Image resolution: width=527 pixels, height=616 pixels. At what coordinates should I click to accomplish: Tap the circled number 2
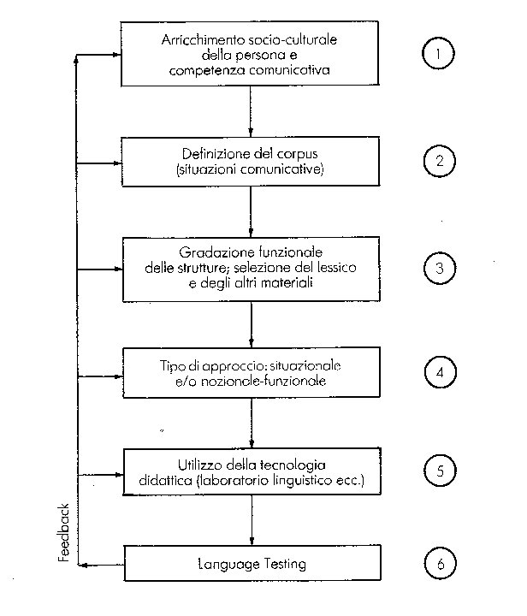click(x=440, y=160)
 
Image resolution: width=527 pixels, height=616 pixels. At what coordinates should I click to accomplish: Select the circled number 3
click(x=440, y=267)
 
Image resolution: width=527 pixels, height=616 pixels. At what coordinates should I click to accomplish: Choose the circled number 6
click(x=440, y=565)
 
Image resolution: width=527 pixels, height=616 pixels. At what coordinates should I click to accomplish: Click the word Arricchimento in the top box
click(x=198, y=40)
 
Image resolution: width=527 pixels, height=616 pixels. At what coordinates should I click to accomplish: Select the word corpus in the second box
click(x=298, y=153)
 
